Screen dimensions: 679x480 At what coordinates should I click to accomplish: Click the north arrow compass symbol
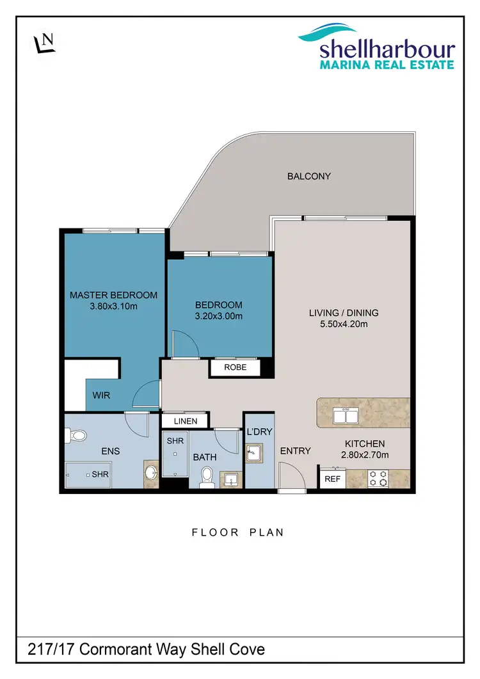pos(44,42)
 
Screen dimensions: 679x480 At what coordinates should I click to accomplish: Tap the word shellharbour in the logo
pos(387,49)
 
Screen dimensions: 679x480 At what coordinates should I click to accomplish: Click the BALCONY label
pos(309,176)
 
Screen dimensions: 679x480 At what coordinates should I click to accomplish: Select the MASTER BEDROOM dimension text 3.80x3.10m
pos(113,307)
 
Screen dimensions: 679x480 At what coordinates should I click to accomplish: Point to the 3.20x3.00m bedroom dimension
pos(219,316)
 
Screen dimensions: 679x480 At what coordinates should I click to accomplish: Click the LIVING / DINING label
pos(344,313)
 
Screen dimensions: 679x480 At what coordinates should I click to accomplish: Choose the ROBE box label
pos(236,368)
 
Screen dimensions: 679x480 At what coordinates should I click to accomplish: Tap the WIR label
pos(101,395)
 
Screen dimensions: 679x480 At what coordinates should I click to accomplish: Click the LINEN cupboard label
pos(185,421)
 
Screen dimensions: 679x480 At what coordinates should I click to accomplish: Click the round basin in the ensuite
pos(151,474)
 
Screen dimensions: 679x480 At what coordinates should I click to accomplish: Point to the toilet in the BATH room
pos(206,477)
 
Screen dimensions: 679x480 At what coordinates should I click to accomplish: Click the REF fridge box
pos(332,478)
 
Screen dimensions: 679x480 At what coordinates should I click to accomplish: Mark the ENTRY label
pos(296,451)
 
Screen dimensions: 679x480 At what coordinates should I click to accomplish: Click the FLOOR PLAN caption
pos(237,532)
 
